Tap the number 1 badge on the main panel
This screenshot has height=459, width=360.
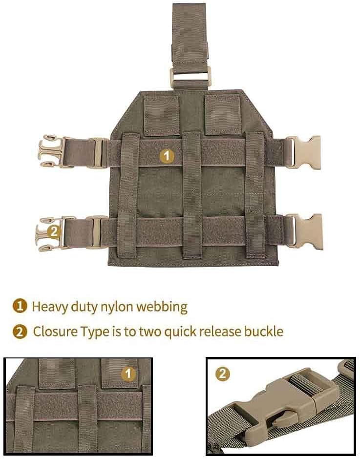[x=167, y=156]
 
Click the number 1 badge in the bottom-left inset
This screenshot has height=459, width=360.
[x=128, y=374]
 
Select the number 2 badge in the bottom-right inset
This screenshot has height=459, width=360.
[x=223, y=374]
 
